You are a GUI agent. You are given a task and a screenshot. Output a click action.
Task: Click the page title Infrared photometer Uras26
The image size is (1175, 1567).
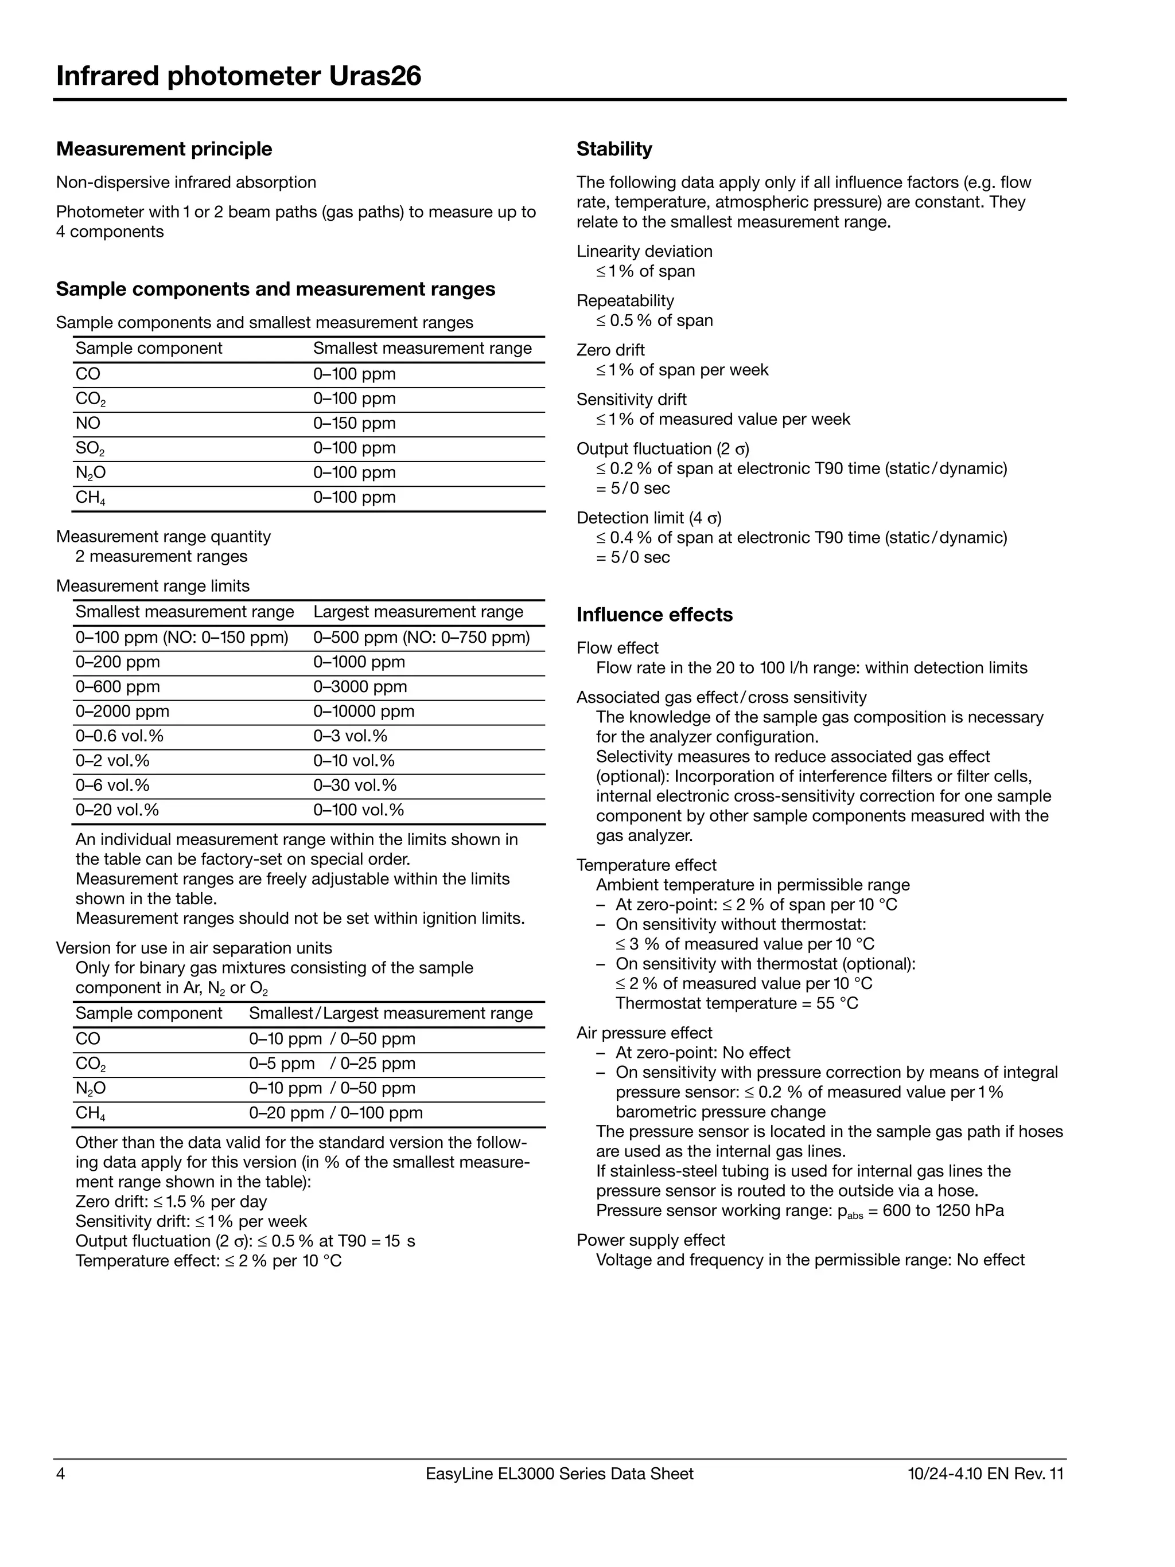(x=239, y=76)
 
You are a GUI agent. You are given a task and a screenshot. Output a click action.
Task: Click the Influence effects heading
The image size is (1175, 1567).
(x=654, y=614)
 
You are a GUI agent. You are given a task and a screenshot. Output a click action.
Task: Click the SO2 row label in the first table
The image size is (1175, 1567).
(x=90, y=448)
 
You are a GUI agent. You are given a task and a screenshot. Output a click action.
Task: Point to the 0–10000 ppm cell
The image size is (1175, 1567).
(x=364, y=710)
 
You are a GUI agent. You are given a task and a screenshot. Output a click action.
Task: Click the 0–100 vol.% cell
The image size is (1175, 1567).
(x=358, y=809)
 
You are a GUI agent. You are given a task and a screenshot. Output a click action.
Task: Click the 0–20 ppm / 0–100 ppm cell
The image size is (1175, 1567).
(x=335, y=1112)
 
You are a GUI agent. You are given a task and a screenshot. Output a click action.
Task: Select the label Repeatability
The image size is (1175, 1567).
(x=625, y=300)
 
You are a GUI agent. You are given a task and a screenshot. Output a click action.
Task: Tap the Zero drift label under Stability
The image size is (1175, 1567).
(x=610, y=350)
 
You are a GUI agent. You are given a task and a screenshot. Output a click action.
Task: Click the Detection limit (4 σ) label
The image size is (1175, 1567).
(x=648, y=518)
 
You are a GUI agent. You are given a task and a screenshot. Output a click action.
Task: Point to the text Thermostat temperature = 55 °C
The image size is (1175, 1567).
(x=736, y=1003)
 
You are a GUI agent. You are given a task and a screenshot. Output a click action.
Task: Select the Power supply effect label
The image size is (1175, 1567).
(x=650, y=1240)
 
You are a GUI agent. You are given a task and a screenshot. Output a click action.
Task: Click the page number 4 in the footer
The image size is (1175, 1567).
(x=61, y=1474)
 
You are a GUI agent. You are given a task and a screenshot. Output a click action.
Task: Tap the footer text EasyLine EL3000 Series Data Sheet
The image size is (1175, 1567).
(x=559, y=1474)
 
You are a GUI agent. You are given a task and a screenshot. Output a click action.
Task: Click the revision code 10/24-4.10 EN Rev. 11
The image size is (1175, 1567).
(x=985, y=1474)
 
